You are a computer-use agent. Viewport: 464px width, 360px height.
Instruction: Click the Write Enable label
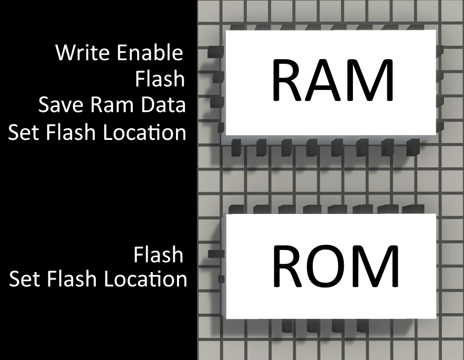(119, 52)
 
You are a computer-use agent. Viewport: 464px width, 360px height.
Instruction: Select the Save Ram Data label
(112, 105)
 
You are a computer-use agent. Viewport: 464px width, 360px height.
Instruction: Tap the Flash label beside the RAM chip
(159, 79)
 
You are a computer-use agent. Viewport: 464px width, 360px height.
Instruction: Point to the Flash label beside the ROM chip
(158, 255)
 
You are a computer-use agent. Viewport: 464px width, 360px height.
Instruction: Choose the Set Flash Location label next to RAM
(97, 133)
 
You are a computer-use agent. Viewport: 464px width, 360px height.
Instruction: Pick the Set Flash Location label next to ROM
(98, 279)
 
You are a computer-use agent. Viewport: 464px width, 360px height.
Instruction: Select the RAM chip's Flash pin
(218, 77)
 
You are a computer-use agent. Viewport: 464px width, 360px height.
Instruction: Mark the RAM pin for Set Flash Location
(221, 127)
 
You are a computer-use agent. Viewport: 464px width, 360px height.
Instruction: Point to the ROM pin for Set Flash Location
(221, 279)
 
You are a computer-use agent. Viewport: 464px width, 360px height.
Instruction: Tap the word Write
(84, 52)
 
